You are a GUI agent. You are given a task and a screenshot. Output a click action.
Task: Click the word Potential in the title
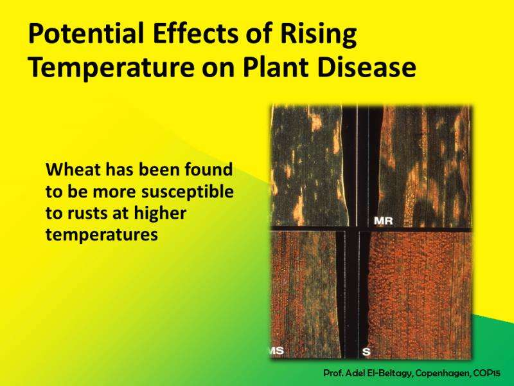(x=86, y=33)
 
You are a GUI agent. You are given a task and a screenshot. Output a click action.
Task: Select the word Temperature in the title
(x=111, y=68)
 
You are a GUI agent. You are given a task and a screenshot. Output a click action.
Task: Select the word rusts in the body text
(x=87, y=214)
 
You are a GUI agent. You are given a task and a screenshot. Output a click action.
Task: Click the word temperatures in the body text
(x=102, y=235)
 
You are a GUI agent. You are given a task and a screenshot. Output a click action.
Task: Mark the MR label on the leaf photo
(x=383, y=221)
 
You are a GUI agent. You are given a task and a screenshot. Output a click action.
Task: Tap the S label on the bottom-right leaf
(x=366, y=352)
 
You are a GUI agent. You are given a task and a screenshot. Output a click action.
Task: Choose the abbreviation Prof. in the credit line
(x=332, y=373)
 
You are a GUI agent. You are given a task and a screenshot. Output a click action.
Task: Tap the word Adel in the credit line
(x=352, y=373)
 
